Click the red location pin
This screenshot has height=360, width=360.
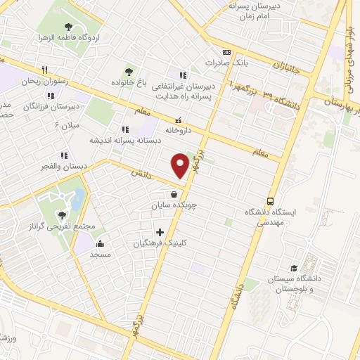coord(181,165)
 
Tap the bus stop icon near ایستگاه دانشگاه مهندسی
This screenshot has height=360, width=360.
coord(271,200)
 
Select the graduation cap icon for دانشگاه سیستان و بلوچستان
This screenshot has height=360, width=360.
coord(294,268)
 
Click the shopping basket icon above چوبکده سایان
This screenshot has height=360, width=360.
coord(173,195)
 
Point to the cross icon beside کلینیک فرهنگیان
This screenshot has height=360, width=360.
coord(160,232)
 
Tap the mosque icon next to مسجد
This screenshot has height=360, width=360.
coord(100,244)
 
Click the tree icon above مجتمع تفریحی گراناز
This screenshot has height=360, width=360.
coord(61,216)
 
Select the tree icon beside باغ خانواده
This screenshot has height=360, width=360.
coord(128,71)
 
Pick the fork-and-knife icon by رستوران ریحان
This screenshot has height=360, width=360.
coord(44,70)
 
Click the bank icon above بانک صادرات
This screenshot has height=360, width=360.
coord(226,52)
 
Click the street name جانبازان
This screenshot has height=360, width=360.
coord(287,68)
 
